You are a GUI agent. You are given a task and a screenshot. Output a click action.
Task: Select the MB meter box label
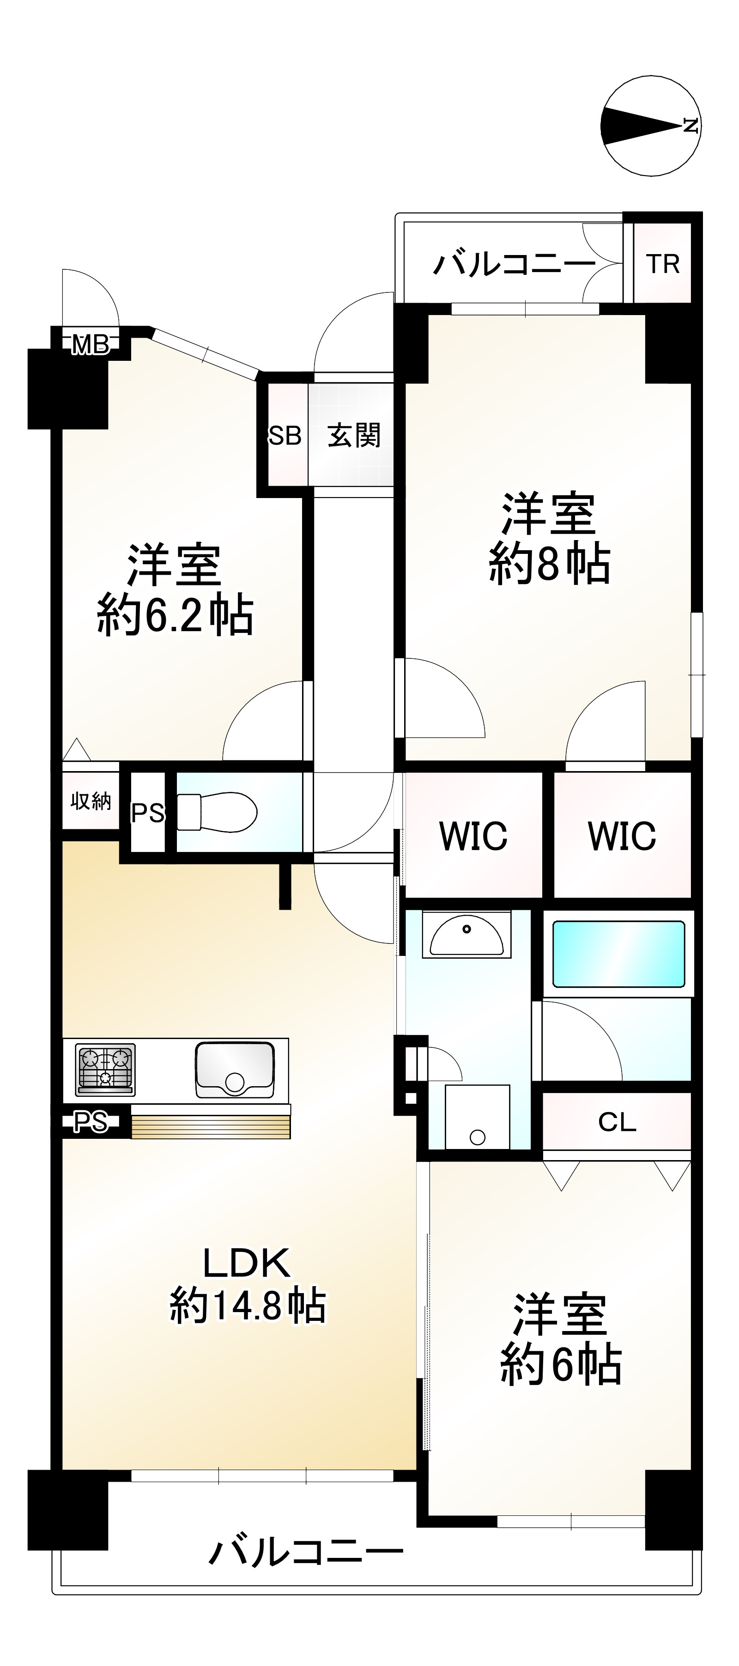(91, 345)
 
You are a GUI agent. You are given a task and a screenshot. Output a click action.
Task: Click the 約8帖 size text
(549, 564)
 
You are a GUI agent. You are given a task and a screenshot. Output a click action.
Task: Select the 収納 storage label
(91, 801)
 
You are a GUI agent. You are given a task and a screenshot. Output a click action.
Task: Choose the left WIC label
(472, 836)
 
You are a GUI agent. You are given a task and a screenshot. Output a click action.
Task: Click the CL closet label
(617, 1122)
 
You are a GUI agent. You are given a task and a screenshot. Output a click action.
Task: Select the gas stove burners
(105, 1070)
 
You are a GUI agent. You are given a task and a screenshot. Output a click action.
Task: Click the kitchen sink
(235, 1069)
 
